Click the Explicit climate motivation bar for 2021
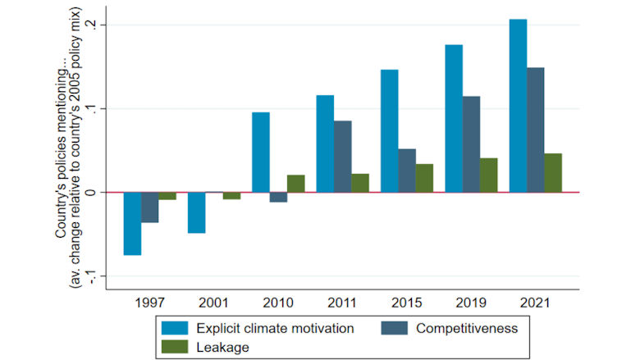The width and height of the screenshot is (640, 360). click(518, 106)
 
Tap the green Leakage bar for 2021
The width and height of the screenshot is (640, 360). click(553, 173)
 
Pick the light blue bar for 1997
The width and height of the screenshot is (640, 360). click(132, 224)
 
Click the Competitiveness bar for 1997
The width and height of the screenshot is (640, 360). click(149, 207)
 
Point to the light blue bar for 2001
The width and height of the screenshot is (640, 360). click(196, 212)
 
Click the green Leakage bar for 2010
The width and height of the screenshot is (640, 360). click(295, 184)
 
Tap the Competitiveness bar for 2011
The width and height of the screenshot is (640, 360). click(342, 157)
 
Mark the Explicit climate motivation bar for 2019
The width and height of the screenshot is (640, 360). click(454, 118)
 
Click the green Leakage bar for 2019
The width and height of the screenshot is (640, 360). click(489, 175)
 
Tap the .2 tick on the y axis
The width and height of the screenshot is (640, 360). click(98, 25)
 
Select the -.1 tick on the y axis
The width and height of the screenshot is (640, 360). click(98, 276)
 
